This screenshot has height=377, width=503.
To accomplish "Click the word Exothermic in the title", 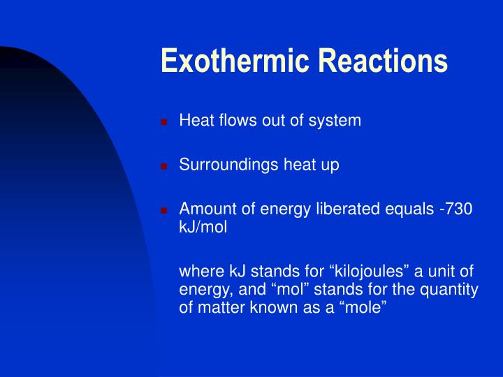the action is click(x=235, y=60).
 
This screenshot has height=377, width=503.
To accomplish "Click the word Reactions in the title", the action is click(x=383, y=60).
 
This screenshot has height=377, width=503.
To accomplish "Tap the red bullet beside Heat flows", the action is click(x=164, y=122).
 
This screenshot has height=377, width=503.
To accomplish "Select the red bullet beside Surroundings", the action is click(x=164, y=166).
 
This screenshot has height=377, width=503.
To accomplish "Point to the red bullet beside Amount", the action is click(x=164, y=210).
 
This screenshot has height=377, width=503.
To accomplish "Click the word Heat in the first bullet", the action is click(x=196, y=120).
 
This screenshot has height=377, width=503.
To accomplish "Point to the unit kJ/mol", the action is click(x=203, y=227).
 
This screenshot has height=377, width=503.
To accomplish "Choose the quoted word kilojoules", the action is click(x=369, y=271).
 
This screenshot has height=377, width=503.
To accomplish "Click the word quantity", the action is click(x=449, y=290).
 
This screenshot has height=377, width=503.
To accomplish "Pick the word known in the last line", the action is click(x=272, y=307).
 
